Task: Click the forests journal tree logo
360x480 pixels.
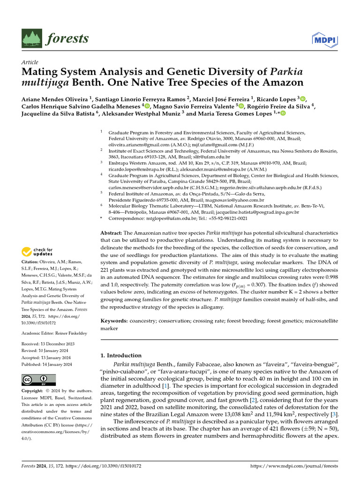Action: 31,38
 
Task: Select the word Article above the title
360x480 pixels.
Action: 30,62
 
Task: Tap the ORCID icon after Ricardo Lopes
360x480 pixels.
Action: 302,99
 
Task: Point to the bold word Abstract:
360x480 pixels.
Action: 111,233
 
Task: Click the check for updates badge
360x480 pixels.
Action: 37,252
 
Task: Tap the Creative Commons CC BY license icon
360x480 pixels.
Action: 38,380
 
